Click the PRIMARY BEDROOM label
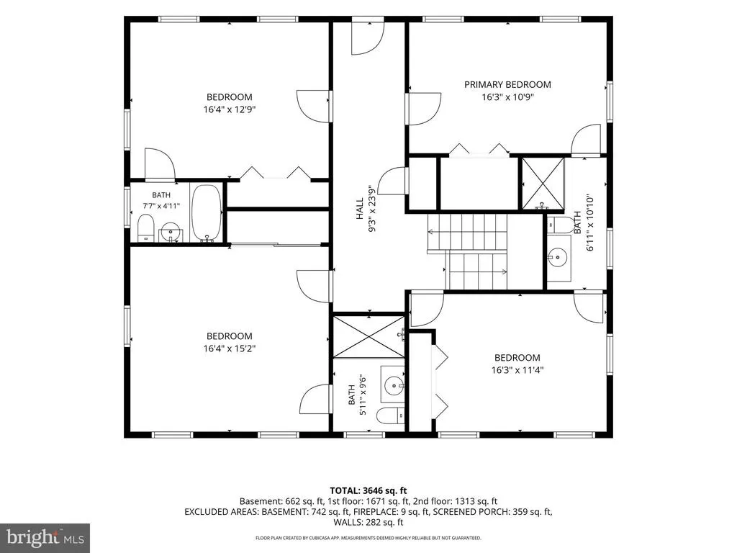point(507,85)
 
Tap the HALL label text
point(360,208)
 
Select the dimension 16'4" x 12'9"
point(230,109)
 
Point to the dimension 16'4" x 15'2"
point(230,349)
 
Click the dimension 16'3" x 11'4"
point(517,370)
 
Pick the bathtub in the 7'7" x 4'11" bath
point(207,213)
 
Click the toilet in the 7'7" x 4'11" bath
point(146,228)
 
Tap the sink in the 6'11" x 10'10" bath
point(559,257)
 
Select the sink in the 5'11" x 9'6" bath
point(392,385)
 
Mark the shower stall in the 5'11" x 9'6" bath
point(368,336)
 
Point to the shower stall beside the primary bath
point(543,184)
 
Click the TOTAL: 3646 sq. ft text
point(368,491)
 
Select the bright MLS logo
point(45,537)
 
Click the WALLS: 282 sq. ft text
point(368,522)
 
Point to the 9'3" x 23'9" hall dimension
point(372,208)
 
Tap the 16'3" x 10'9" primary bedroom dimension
point(507,97)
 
